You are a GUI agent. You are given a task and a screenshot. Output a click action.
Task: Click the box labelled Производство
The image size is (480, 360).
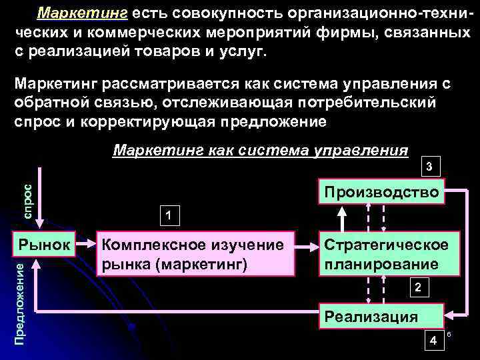click(x=381, y=193)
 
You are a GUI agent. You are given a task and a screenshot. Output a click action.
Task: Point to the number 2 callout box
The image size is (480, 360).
click(x=417, y=289)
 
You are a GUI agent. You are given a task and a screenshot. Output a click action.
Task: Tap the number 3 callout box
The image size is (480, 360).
click(x=431, y=166)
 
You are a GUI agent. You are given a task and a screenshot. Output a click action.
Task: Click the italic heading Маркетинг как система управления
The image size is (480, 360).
click(x=261, y=149)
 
